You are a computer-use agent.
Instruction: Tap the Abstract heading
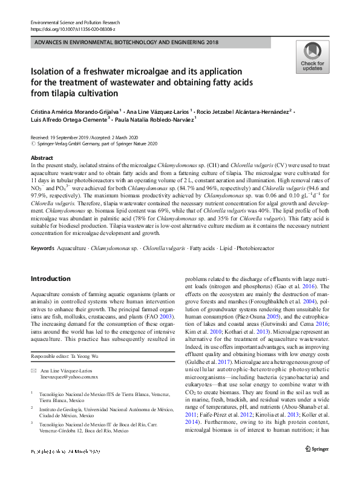pos(42,157)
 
